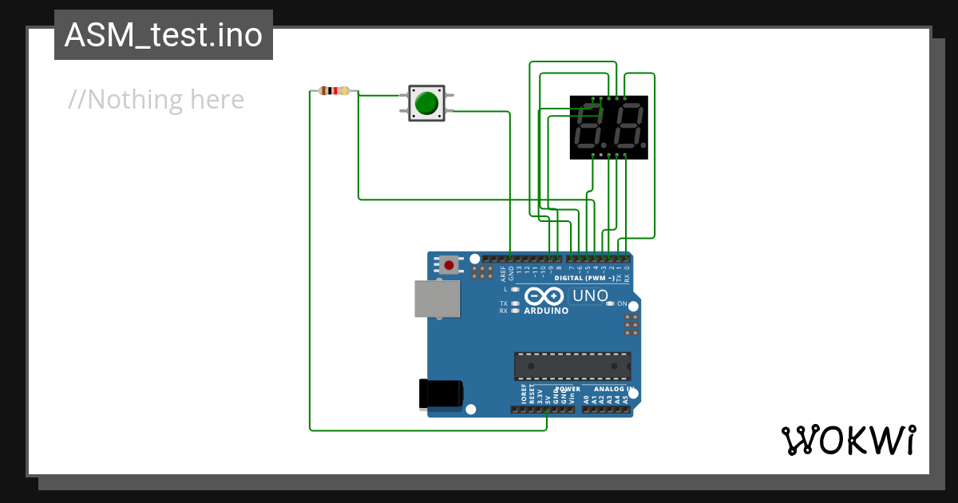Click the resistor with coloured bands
tap(334, 90)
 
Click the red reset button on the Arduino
tap(449, 264)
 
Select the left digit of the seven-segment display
tap(592, 128)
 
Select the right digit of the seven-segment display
tap(629, 128)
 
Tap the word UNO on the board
tap(591, 296)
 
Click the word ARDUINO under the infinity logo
tap(546, 311)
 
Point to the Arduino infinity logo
tap(546, 296)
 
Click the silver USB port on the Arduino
tap(437, 299)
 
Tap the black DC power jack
tap(441, 393)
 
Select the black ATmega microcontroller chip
tap(572, 366)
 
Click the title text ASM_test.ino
tap(164, 35)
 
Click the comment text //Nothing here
tap(156, 100)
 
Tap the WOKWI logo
tap(849, 440)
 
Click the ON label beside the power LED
tap(622, 303)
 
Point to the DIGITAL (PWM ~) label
tap(590, 278)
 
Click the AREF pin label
tap(503, 274)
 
